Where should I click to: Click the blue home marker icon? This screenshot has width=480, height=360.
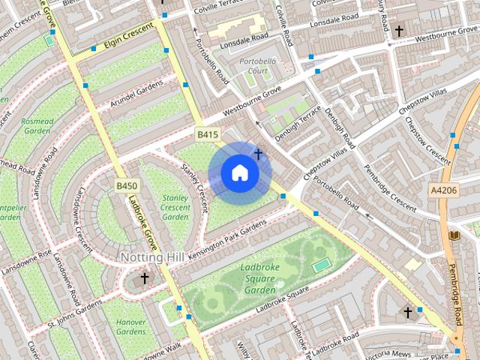coord(240,172)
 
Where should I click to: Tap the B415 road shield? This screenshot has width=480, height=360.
coord(208,134)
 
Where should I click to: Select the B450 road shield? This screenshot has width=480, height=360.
coord(127,185)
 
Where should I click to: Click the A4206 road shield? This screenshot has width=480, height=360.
coord(442,190)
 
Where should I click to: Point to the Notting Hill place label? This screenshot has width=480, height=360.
coord(152,257)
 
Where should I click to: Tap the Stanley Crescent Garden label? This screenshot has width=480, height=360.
coord(175,207)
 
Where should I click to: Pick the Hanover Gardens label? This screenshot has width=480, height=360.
coord(130,326)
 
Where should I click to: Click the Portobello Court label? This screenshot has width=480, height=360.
coord(253,65)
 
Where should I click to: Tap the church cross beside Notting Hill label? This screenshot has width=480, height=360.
coord(144,278)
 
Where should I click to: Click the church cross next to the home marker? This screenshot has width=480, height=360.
coord(258,154)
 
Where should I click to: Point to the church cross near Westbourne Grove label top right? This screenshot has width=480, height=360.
coord(399,31)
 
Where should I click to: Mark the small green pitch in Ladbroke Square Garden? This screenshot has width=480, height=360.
coord(320,265)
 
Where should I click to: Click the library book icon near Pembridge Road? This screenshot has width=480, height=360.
coord(452,235)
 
